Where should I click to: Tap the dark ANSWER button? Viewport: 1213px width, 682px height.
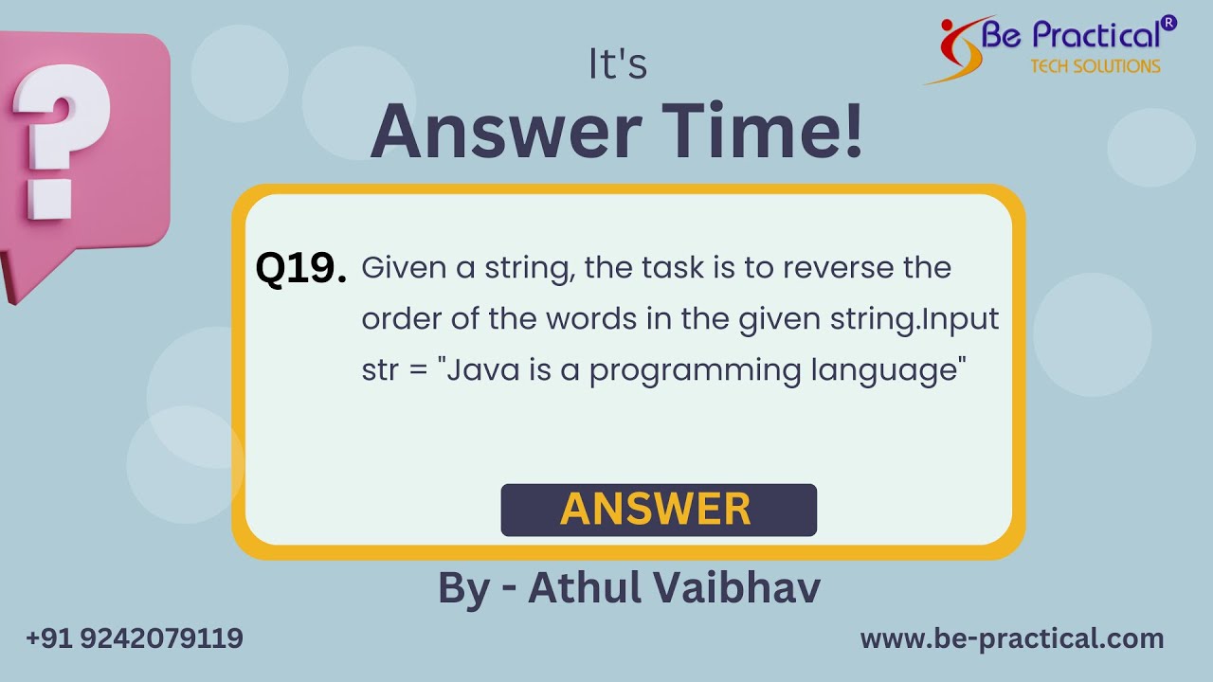tap(658, 510)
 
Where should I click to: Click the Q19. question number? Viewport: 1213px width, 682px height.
tap(300, 270)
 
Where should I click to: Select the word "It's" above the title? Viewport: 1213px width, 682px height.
tap(618, 65)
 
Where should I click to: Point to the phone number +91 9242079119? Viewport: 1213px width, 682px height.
tap(135, 638)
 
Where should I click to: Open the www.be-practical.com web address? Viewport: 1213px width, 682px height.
tap(1011, 638)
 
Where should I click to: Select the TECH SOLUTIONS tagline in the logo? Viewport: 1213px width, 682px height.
tap(1095, 66)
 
